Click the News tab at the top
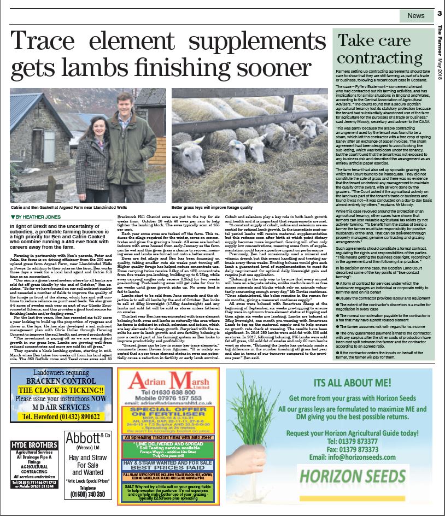(415, 16)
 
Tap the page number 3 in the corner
(439, 14)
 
